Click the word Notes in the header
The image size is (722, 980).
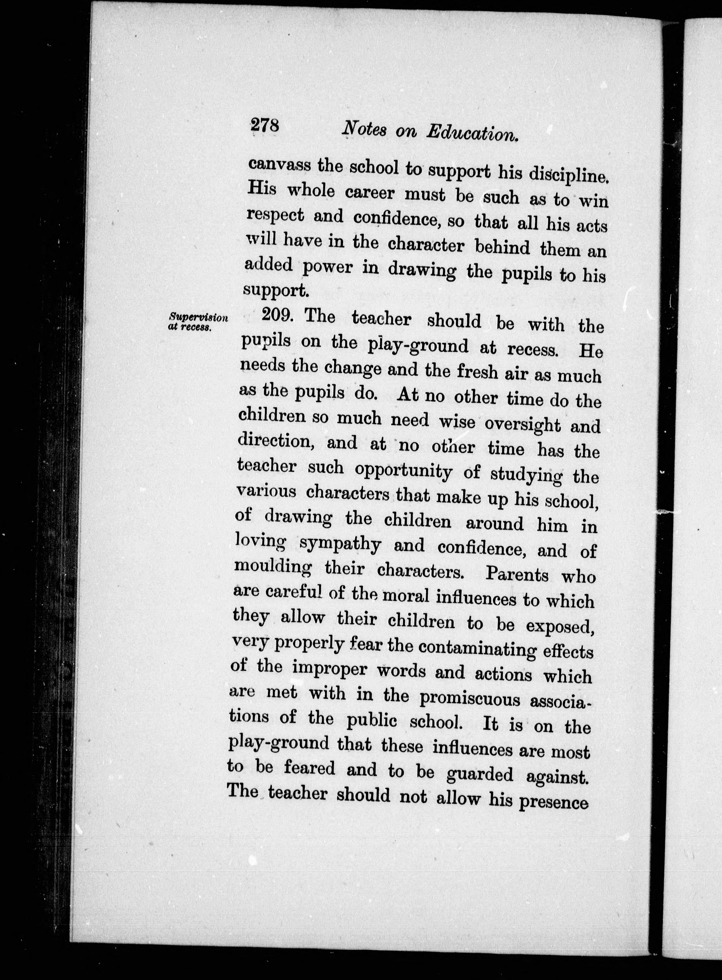364,129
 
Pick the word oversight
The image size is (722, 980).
523,424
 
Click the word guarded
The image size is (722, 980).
480,774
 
